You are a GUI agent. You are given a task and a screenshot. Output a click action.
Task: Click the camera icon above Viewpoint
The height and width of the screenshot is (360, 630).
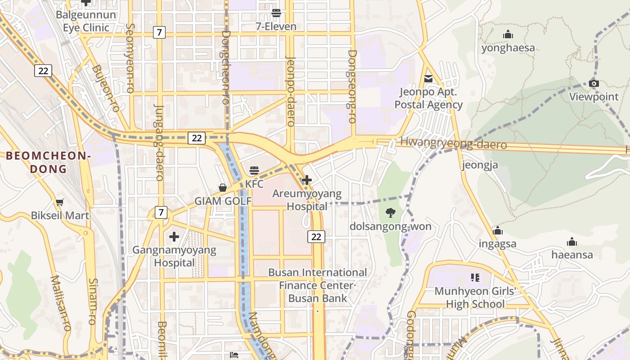tap(594, 84)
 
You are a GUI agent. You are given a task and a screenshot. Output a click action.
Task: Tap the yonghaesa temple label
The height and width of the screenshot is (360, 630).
tap(508, 48)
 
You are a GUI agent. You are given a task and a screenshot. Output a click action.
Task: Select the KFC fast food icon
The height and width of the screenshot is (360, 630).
tap(254, 171)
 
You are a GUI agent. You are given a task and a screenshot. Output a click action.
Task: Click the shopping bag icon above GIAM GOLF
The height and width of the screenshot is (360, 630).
tap(222, 188)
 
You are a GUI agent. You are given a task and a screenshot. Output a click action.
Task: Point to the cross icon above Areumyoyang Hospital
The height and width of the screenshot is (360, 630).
tap(307, 180)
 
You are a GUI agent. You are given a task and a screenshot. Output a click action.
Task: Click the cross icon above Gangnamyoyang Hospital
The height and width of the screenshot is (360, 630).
tap(174, 236)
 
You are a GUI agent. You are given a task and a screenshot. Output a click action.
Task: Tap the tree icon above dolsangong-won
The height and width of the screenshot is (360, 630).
tap(390, 213)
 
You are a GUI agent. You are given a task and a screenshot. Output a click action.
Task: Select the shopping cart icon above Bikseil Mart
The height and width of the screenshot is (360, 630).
tap(59, 202)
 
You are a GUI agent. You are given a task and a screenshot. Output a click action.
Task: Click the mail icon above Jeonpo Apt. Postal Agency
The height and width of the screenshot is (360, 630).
tap(428, 79)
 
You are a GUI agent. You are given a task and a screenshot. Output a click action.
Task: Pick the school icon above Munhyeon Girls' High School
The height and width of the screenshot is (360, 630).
tap(475, 278)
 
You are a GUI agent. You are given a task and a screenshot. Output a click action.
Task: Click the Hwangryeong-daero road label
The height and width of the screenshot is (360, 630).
tap(453, 144)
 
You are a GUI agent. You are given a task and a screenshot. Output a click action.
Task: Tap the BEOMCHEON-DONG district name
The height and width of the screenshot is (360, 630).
tap(49, 162)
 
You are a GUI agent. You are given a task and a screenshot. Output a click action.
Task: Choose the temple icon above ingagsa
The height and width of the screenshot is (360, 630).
tap(497, 231)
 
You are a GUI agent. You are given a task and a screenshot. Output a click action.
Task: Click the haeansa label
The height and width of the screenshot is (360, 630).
tap(572, 255)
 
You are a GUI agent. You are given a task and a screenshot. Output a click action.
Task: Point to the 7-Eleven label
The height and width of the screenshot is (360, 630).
tap(276, 27)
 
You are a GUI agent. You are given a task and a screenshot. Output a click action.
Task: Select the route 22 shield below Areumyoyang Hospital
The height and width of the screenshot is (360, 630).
tap(316, 236)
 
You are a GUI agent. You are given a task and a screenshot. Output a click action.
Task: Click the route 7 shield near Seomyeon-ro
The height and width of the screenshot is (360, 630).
tap(159, 32)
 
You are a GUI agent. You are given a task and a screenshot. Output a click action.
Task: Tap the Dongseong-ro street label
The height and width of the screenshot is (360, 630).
tap(352, 86)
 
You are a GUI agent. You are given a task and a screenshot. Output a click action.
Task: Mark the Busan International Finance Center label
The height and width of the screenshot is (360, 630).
tap(317, 279)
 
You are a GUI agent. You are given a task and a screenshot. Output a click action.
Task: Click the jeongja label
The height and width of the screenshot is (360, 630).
tap(480, 165)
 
